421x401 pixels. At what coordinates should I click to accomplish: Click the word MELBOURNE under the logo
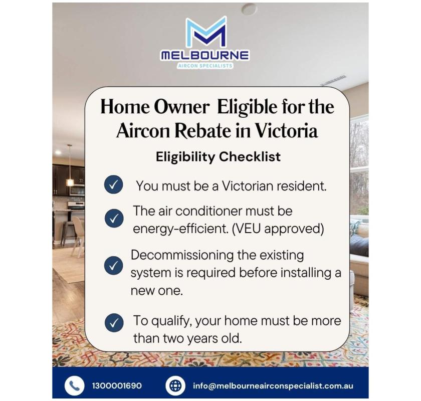click(x=205, y=55)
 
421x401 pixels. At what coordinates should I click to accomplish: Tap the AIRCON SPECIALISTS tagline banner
click(x=205, y=66)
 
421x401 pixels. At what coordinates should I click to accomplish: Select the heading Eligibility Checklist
click(x=218, y=157)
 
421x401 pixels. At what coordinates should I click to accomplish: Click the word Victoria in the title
click(x=286, y=130)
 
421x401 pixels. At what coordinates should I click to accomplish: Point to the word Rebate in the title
click(x=201, y=130)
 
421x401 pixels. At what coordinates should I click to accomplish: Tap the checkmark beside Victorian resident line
click(x=114, y=185)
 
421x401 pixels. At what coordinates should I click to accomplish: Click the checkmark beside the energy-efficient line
click(x=114, y=218)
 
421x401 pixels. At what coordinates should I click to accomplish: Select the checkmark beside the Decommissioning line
click(x=114, y=266)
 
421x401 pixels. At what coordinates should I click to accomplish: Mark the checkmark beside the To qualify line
click(x=114, y=322)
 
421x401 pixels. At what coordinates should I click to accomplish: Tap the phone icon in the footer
click(x=74, y=385)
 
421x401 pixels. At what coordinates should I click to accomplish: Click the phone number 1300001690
click(x=117, y=386)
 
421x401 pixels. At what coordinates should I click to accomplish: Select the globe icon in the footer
click(x=175, y=385)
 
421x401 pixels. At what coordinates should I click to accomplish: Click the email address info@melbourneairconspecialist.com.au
click(x=273, y=386)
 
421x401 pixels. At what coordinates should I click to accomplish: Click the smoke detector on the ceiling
click(x=249, y=9)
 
